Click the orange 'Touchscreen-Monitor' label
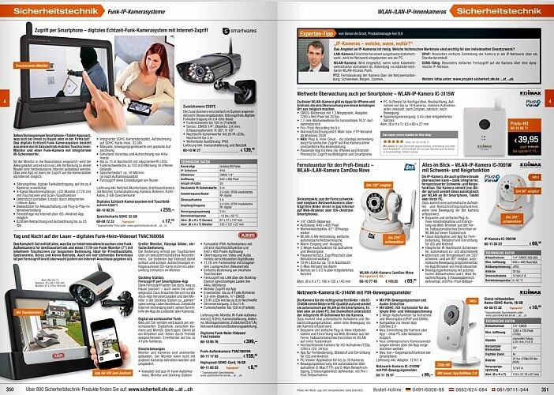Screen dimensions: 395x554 (x=29, y=57)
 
